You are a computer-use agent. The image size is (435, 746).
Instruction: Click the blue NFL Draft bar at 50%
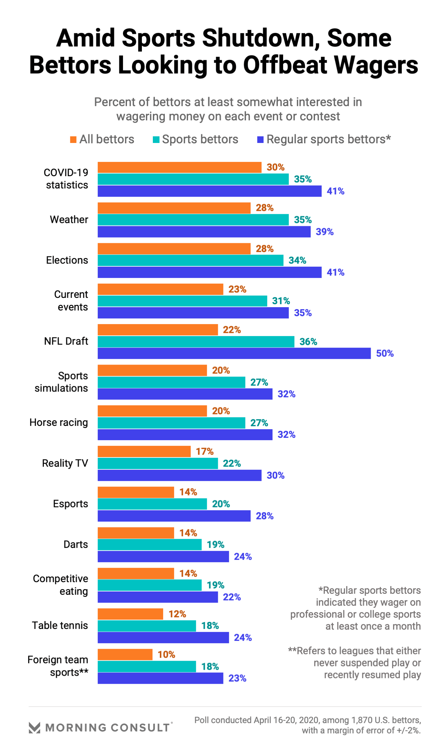[x=234, y=353]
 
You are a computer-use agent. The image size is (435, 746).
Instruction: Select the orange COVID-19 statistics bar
[x=179, y=168]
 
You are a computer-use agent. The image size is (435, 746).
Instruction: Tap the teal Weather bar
[x=193, y=220]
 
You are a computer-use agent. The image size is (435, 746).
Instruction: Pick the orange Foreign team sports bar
[x=125, y=654]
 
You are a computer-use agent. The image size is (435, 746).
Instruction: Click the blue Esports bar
[x=174, y=516]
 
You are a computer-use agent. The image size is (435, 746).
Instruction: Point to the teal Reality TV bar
[x=157, y=463]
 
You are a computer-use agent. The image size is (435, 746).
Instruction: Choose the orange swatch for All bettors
[x=73, y=140]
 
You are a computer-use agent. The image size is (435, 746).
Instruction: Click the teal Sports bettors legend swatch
[x=156, y=140]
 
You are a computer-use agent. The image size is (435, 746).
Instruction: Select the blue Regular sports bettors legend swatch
[x=260, y=140]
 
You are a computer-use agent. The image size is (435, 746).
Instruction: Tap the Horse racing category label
[x=59, y=423]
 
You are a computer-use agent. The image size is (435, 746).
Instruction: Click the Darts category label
[x=76, y=544]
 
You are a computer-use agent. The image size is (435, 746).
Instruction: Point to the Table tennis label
[x=60, y=626]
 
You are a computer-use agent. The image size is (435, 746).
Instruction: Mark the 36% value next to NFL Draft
[x=308, y=342]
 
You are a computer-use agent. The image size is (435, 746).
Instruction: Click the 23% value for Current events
[x=237, y=289]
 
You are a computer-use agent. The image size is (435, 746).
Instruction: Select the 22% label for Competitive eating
[x=232, y=597]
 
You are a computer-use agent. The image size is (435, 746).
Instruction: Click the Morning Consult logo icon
[x=34, y=727]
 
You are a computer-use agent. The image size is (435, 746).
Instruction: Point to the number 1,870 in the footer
[x=361, y=720]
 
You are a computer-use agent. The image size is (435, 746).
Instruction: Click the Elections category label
[x=67, y=260]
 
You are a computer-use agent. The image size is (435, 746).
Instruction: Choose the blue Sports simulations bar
[x=185, y=394]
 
